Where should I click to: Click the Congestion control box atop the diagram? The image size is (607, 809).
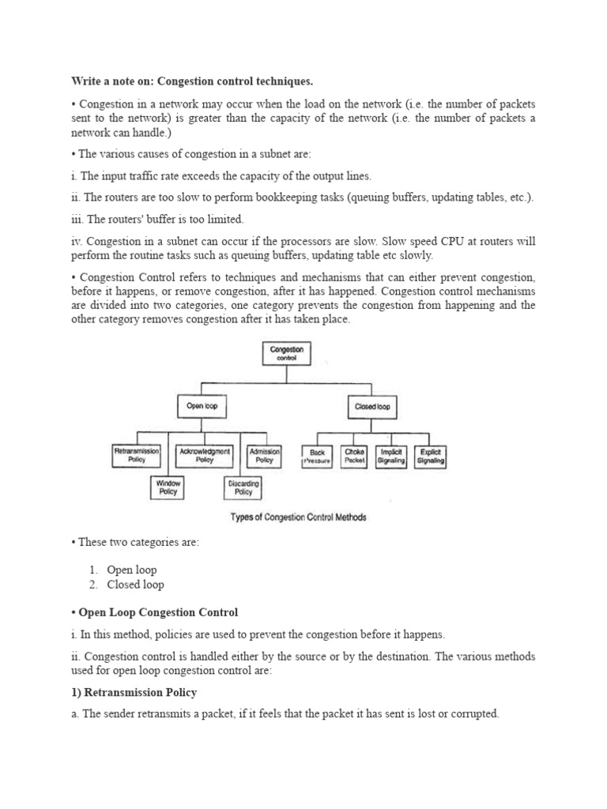(x=286, y=352)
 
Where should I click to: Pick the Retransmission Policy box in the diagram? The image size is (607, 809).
(x=136, y=455)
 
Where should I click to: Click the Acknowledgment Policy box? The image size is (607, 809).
(x=204, y=455)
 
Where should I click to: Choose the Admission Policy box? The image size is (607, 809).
(x=264, y=455)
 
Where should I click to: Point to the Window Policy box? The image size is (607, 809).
(x=168, y=487)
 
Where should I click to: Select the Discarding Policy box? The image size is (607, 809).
(x=243, y=487)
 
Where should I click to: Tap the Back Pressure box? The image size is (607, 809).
(x=317, y=457)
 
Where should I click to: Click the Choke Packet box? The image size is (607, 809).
(x=354, y=457)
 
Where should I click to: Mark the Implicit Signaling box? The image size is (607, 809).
(x=391, y=457)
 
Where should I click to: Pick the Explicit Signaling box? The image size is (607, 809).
(x=432, y=457)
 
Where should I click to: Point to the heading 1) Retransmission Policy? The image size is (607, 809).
(x=134, y=692)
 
